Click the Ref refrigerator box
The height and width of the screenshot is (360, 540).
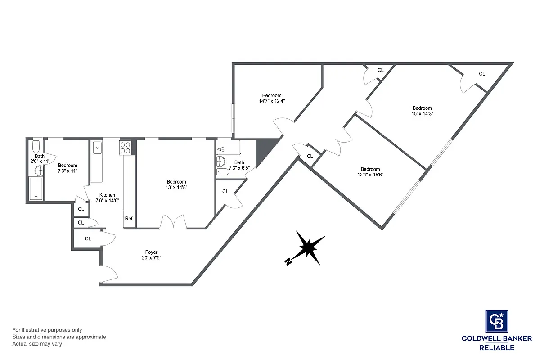pos(129,219)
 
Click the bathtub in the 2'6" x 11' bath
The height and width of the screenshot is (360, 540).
pos(36,189)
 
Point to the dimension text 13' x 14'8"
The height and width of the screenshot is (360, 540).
pos(176,188)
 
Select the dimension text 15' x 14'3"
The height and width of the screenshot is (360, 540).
pos(422,114)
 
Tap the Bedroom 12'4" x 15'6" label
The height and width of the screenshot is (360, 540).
pos(370,172)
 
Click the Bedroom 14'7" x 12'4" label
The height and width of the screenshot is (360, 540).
pos(272,98)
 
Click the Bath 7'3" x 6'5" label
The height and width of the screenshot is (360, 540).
pos(239,165)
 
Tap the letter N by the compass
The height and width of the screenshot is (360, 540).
pos(287,262)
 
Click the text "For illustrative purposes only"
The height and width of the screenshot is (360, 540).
pos(47,330)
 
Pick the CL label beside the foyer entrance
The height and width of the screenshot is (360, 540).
pos(88,239)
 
